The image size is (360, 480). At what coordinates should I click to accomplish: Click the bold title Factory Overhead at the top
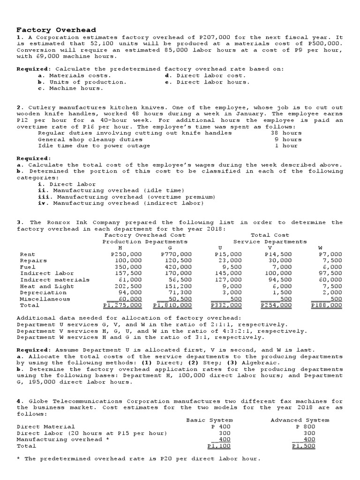pyautogui.click(x=56, y=30)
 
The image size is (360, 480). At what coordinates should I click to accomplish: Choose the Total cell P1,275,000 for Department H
pyautogui.click(x=122, y=305)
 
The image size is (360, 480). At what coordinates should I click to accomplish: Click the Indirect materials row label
pyautogui.click(x=54, y=280)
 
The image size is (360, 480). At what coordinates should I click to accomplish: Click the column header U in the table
pyautogui.click(x=220, y=247)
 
